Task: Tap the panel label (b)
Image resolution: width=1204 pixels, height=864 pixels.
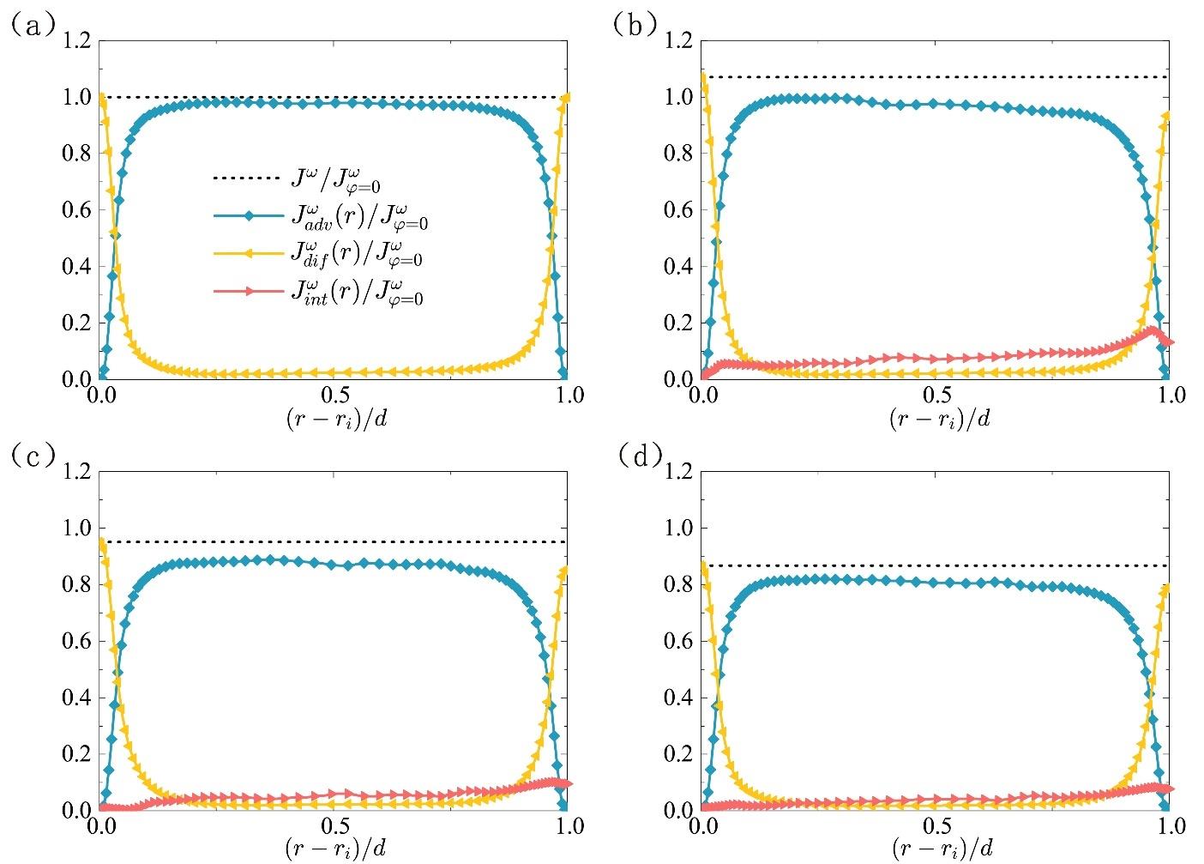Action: point(635,26)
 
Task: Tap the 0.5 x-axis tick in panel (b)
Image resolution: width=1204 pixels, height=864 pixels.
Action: point(937,396)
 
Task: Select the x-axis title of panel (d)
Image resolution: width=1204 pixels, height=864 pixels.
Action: point(937,849)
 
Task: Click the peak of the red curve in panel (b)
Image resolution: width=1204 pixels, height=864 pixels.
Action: point(1153,330)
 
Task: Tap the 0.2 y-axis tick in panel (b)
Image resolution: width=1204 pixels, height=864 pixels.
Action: point(680,323)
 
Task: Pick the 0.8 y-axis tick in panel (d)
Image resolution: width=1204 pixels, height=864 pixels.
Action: point(680,585)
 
